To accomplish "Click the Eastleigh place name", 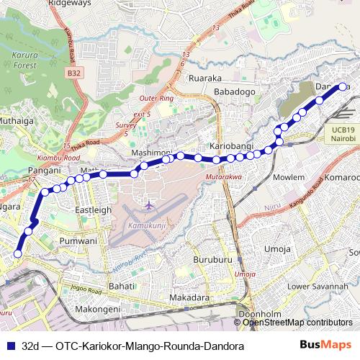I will (x=94, y=210).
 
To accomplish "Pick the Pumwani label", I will (x=78, y=240).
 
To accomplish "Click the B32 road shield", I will (x=74, y=73).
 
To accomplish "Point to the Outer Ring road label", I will (x=156, y=97).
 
